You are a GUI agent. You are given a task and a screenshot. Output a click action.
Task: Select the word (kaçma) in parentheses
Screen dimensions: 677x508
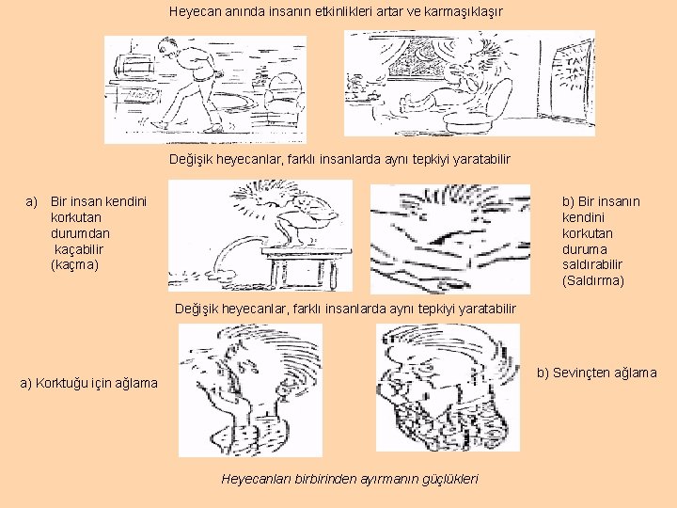click(x=74, y=264)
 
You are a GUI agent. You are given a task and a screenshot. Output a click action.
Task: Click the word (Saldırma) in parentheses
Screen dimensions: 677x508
click(x=593, y=280)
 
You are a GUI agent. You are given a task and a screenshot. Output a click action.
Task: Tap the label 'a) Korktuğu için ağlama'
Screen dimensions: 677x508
click(x=89, y=383)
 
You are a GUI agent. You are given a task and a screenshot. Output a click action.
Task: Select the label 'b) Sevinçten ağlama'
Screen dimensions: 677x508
click(x=597, y=373)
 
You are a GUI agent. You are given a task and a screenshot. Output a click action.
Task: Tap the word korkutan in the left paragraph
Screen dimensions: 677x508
click(x=76, y=217)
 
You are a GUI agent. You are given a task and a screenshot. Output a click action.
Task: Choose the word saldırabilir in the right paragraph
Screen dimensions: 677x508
click(x=592, y=264)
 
